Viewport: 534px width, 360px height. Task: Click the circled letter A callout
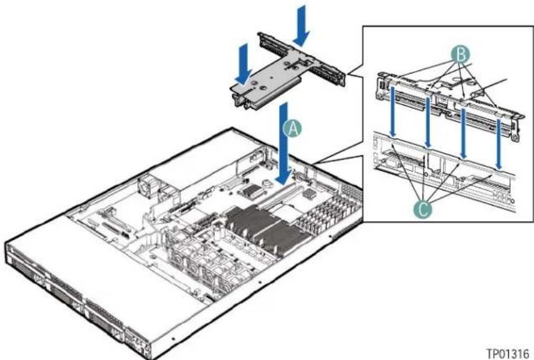click(x=293, y=129)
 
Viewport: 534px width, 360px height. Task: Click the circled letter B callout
click(x=460, y=54)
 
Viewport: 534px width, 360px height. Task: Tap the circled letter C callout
click(x=423, y=209)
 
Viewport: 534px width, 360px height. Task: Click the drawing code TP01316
click(x=508, y=353)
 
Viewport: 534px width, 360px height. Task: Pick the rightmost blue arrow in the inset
click(x=498, y=143)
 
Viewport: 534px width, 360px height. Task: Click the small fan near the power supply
click(x=147, y=187)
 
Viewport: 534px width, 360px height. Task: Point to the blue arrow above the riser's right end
click(x=301, y=26)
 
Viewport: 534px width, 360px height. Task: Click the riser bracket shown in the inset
click(x=449, y=102)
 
